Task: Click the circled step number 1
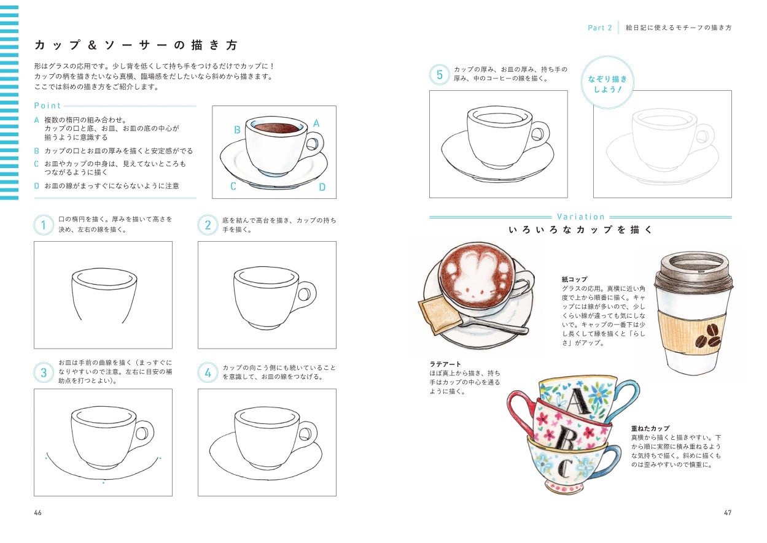[x=43, y=225]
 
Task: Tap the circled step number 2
[x=208, y=225]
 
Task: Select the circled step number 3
[x=43, y=372]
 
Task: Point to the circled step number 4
[x=208, y=372]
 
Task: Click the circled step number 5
[x=439, y=75]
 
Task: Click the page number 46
[x=38, y=513]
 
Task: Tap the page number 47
[x=728, y=513]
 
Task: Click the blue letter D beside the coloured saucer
[x=322, y=188]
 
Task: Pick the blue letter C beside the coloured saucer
[x=233, y=187]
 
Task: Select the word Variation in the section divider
[x=580, y=217]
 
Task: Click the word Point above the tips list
[x=48, y=106]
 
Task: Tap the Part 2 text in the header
[x=599, y=28]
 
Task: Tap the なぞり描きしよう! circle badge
[x=607, y=84]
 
